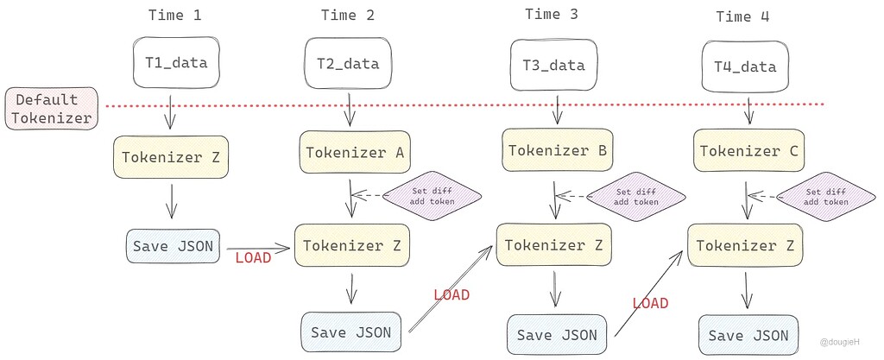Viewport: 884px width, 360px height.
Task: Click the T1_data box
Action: coord(176,63)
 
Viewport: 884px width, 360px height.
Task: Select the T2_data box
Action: coord(349,63)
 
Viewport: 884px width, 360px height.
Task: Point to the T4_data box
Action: coord(744,66)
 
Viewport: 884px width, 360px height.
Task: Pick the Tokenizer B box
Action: coord(557,150)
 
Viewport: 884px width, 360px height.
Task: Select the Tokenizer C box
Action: coord(748,151)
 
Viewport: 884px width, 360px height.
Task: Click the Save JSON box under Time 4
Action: coord(748,335)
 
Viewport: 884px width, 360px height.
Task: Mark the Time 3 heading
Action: coord(552,14)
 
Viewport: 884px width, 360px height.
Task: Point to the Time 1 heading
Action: coord(176,15)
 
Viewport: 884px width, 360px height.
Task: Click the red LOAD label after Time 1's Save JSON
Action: coord(253,257)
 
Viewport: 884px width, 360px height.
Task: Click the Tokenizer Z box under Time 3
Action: coord(552,245)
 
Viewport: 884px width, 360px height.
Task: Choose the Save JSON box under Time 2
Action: coord(350,332)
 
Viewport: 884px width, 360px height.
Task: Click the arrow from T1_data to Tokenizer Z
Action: coord(172,111)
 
